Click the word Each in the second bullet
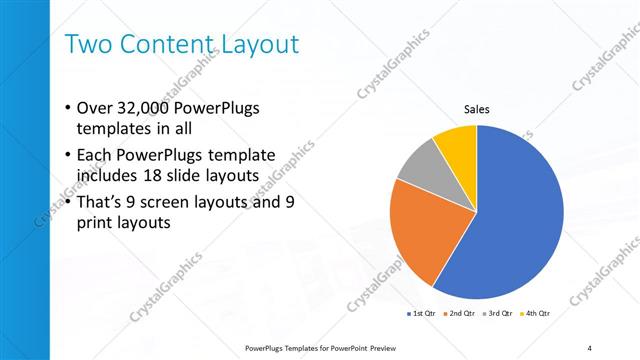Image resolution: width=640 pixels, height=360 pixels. tap(96, 155)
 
